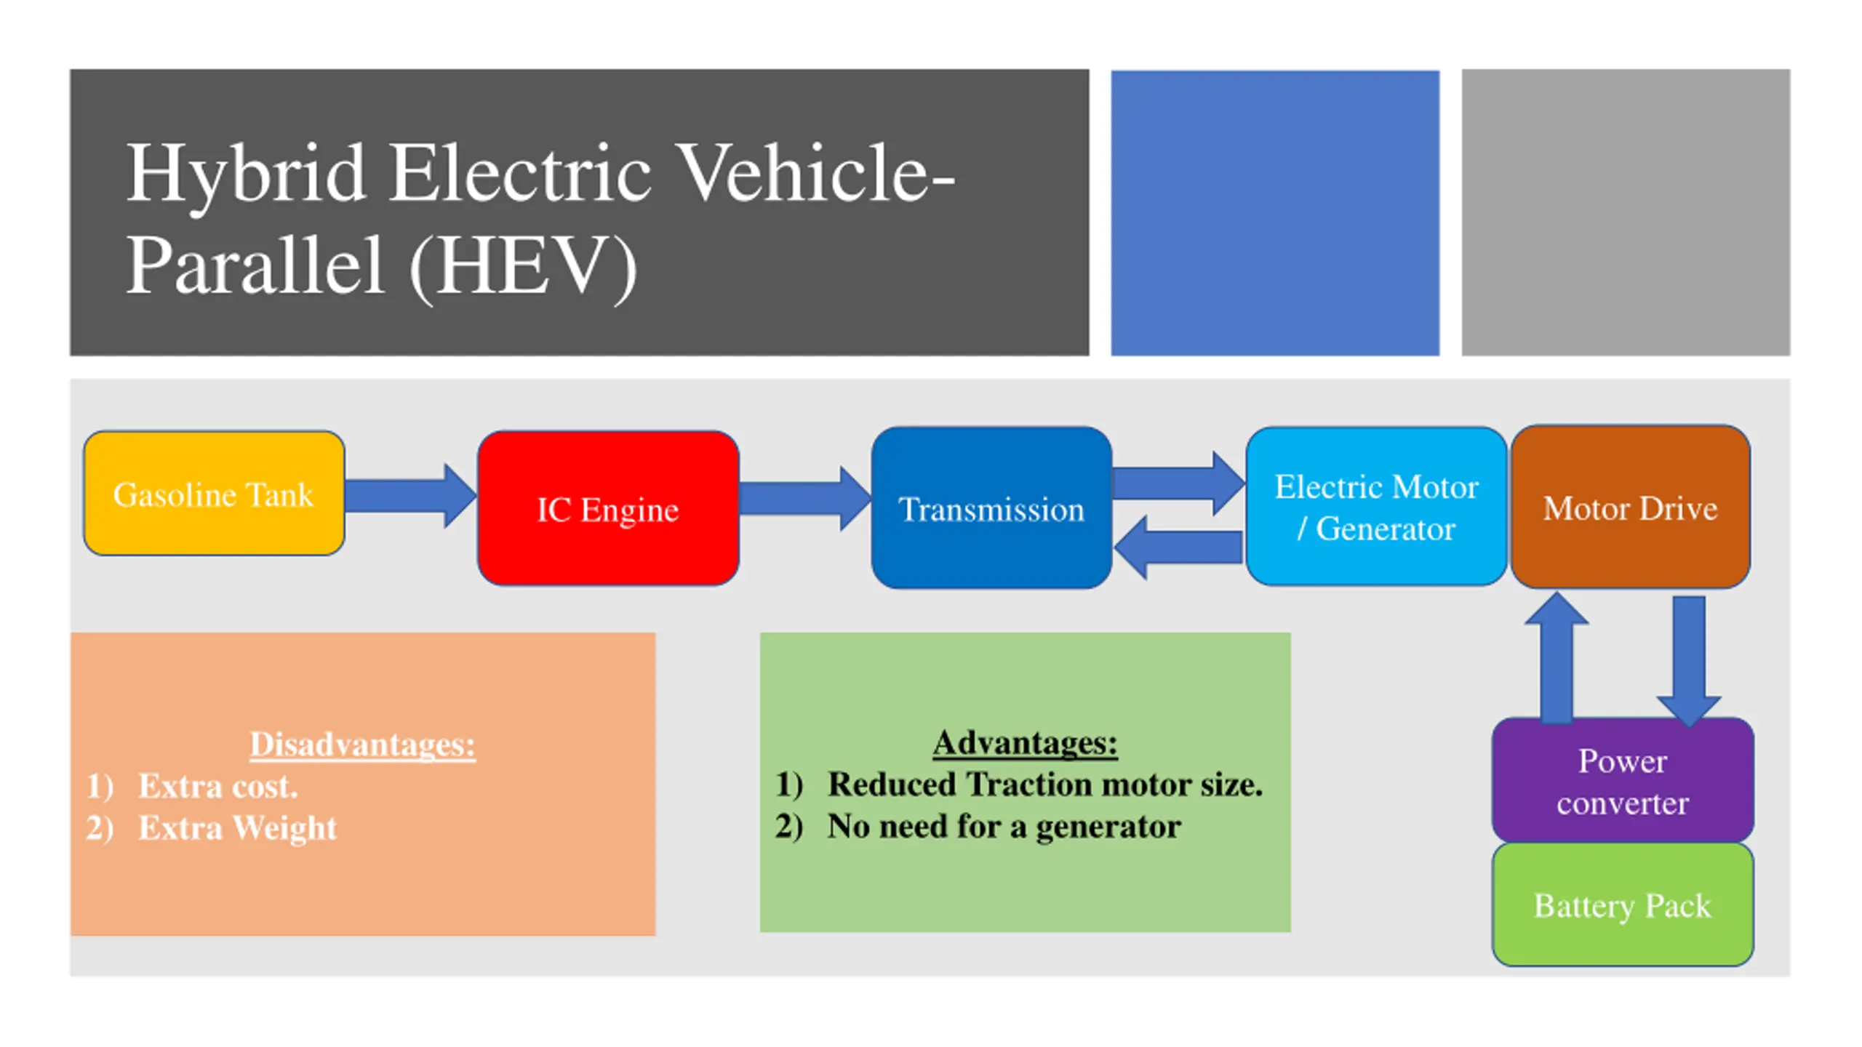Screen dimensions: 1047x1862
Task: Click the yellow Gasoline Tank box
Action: coord(214,494)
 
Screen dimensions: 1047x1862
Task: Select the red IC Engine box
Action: coord(608,508)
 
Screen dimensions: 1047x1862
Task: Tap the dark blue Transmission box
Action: coord(991,508)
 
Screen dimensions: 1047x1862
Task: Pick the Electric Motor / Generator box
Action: coord(1376,507)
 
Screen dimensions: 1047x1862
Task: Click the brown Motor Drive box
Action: coord(1630,507)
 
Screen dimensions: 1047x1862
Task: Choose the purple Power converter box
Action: coord(1622,781)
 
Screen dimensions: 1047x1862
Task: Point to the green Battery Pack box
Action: coord(1622,904)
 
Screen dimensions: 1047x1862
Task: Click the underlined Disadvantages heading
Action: coord(362,744)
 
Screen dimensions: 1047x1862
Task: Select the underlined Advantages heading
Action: coord(1025,742)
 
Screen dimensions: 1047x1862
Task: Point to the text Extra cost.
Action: coord(217,786)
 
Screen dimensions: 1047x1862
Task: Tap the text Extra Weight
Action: coord(237,827)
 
